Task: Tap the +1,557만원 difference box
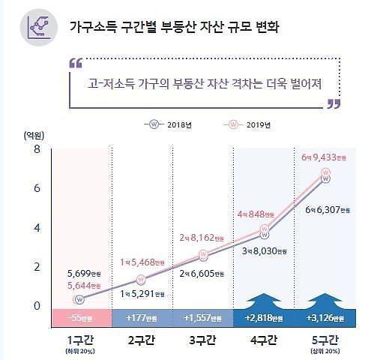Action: click(x=203, y=318)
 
